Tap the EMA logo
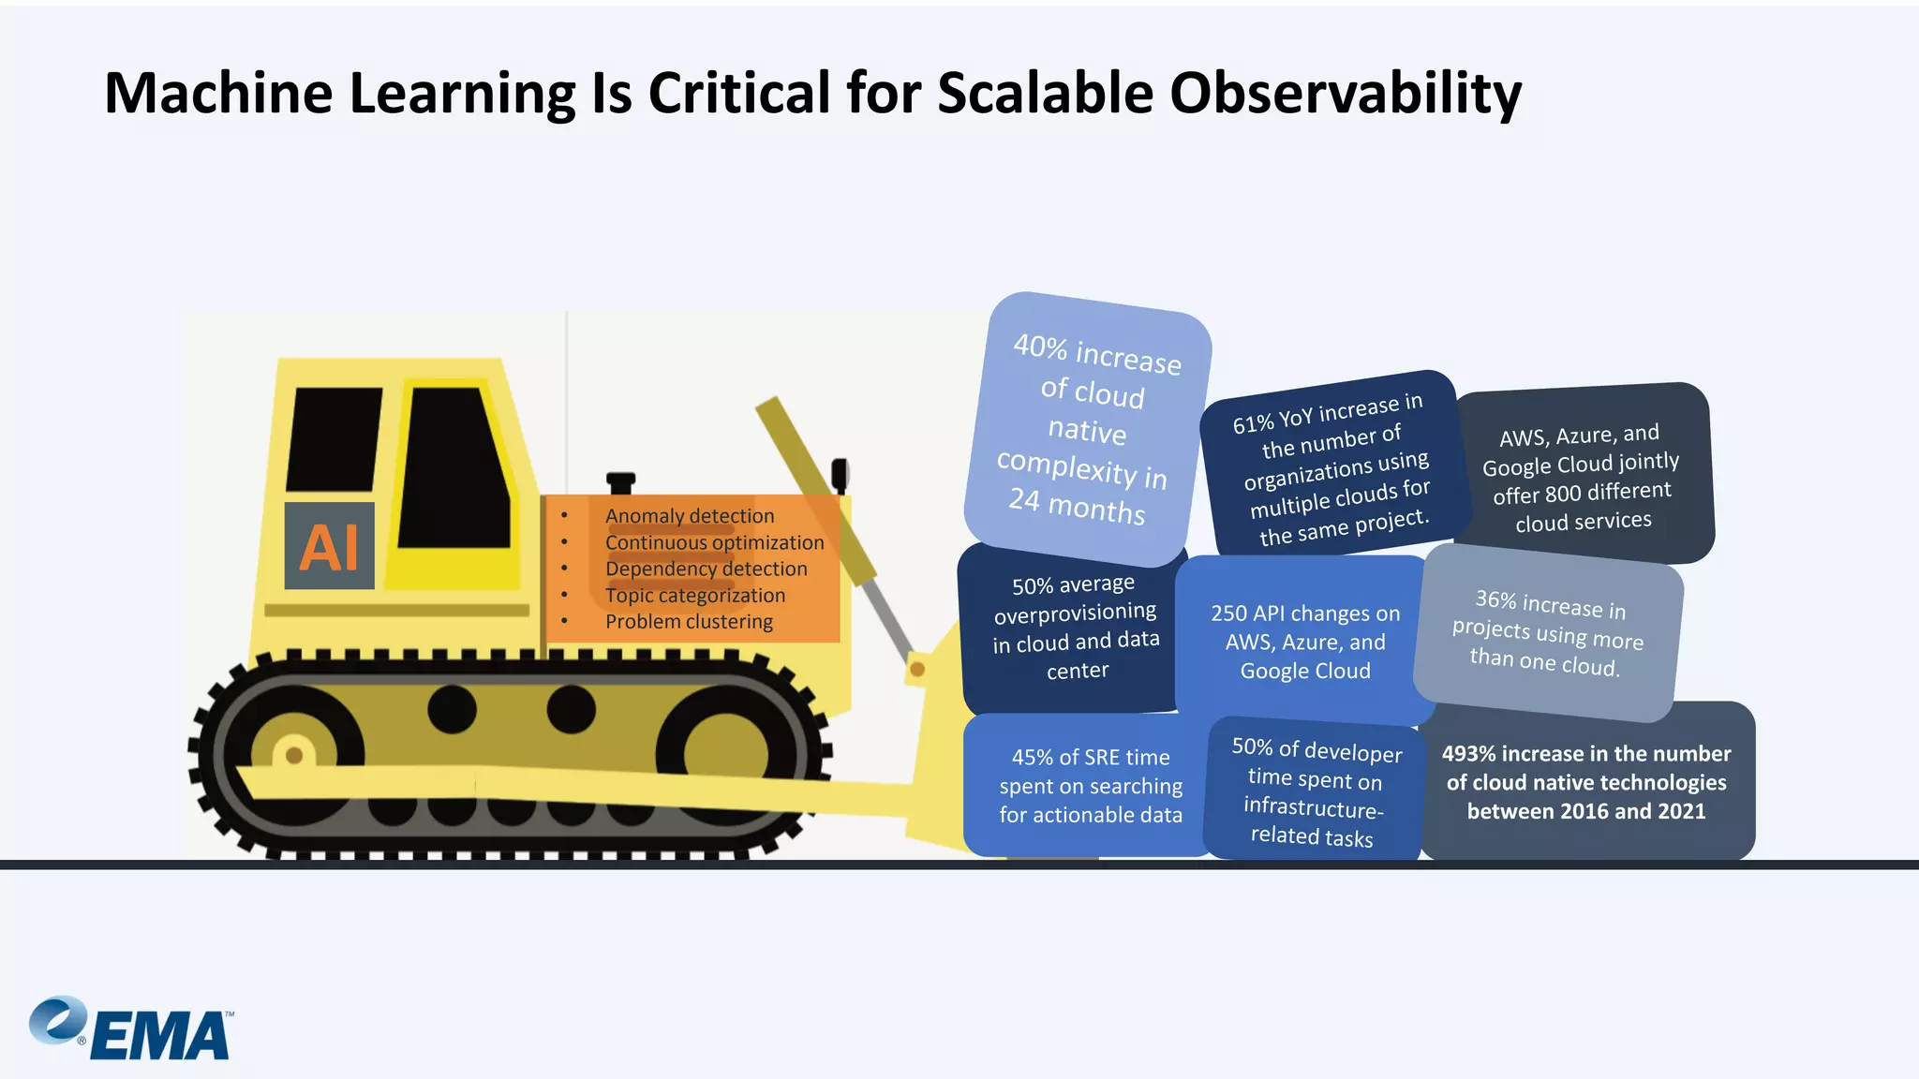pos(131,1029)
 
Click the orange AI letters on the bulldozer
pos(329,547)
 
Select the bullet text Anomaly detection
pos(690,516)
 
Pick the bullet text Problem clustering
pos(689,622)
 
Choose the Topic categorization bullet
pos(695,596)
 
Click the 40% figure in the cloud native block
pos(1040,347)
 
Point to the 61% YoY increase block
pos(1331,468)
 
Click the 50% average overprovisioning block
pos(1076,627)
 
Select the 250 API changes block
pos(1305,642)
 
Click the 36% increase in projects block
pos(1548,633)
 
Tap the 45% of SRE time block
pos(1091,786)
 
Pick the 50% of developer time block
pos(1315,792)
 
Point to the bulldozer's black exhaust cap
pos(620,480)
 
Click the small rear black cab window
pos(334,438)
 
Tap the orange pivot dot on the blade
pos(917,669)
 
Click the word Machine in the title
pos(218,94)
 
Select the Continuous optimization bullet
pos(714,543)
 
